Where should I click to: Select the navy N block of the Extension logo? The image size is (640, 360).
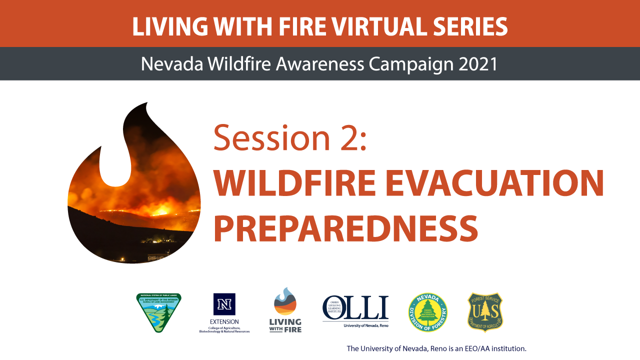(224, 304)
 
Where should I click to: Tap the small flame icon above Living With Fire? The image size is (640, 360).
(285, 300)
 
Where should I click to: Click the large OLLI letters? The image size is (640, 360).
(355, 307)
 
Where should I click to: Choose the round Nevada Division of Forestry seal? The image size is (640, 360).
(427, 312)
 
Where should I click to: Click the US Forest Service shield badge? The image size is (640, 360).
(485, 312)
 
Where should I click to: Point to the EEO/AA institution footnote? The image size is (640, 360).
(436, 348)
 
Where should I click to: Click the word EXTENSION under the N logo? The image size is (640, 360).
(224, 321)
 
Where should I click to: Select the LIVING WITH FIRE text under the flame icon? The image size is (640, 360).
(285, 325)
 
